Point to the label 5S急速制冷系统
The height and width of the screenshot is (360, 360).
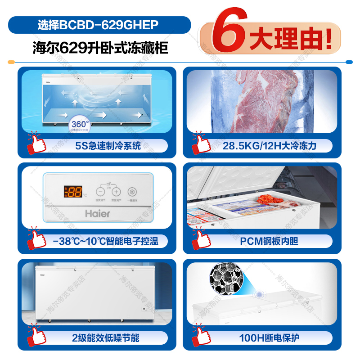pyautogui.click(x=108, y=145)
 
